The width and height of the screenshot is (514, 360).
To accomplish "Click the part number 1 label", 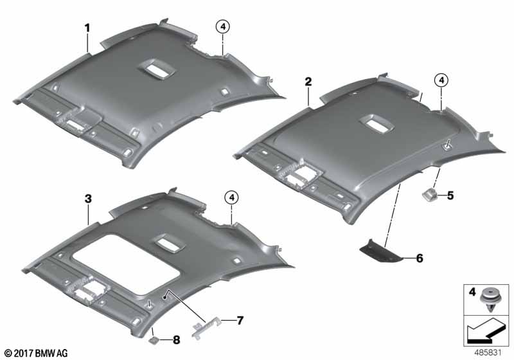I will pos(87,28).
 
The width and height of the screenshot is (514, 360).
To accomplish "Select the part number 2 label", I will pos(308,82).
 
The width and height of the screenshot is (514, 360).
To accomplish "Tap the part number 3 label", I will pos(88,200).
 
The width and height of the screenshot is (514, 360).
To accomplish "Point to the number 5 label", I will pos(450,195).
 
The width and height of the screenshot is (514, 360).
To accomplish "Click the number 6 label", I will pos(420,258).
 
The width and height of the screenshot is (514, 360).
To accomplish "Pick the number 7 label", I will pos(240,319).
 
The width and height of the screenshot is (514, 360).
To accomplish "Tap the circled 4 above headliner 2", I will pos(440,80).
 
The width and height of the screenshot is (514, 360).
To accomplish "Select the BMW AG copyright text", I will pos(36,353).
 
